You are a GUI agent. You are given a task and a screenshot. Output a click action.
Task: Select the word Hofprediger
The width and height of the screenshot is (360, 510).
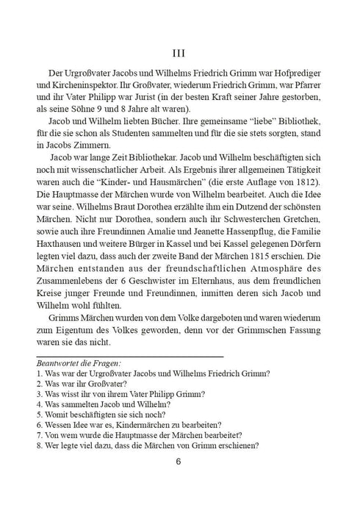[x=295, y=79]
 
